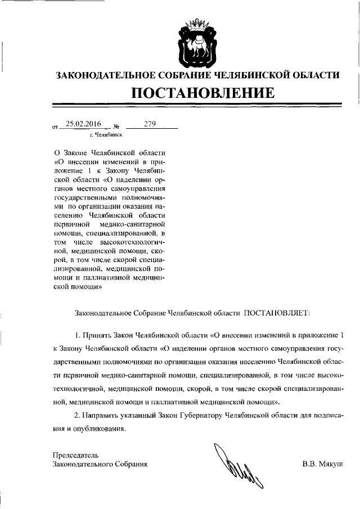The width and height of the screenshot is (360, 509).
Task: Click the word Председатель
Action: click(x=75, y=454)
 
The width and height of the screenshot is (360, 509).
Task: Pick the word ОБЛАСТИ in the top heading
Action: click(x=319, y=74)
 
